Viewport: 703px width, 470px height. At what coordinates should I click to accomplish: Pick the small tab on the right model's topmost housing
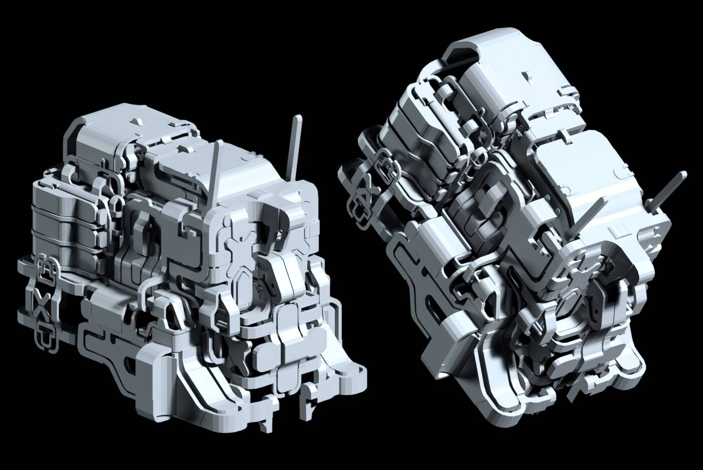click(x=526, y=76)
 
